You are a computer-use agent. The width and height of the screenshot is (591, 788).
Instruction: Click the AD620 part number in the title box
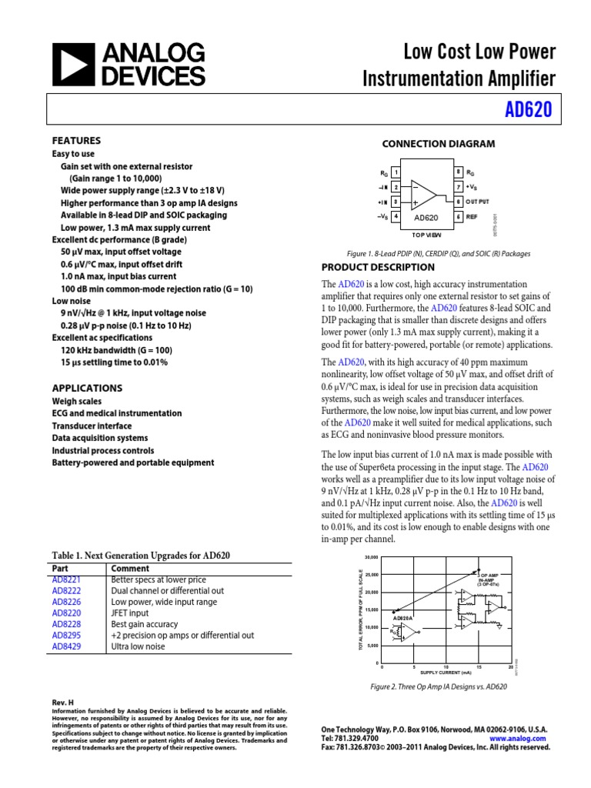pyautogui.click(x=528, y=109)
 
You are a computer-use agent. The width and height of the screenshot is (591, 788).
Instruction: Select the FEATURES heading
pyautogui.click(x=76, y=141)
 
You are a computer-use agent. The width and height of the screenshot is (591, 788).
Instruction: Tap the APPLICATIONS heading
pyautogui.click(x=86, y=388)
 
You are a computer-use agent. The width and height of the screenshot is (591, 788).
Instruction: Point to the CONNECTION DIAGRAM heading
pyautogui.click(x=439, y=144)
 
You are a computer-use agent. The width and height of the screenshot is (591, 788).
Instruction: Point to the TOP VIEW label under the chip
pyautogui.click(x=426, y=233)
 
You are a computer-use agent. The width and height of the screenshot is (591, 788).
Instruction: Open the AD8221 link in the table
pyautogui.click(x=66, y=579)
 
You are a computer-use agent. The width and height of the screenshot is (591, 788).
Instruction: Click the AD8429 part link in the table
pyautogui.click(x=66, y=647)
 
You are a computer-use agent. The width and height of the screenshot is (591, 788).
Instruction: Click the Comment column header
pyautogui.click(x=130, y=568)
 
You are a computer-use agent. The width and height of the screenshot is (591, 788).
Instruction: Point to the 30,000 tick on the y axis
pyautogui.click(x=372, y=557)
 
